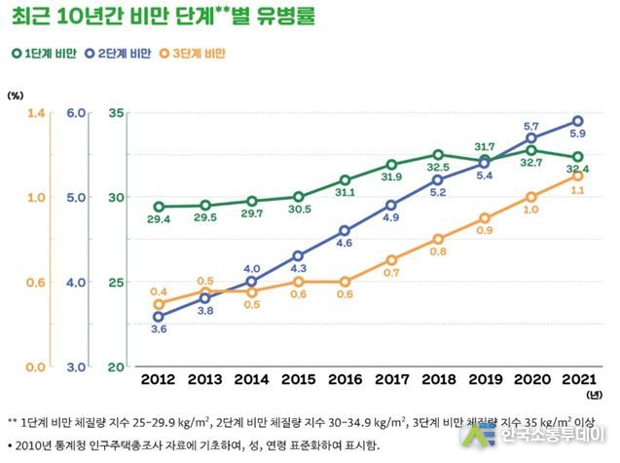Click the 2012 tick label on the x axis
(x=159, y=376)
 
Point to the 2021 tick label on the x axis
(x=577, y=376)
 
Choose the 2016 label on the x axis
(x=345, y=376)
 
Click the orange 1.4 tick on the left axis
(x=36, y=114)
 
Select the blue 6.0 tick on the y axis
(x=103, y=114)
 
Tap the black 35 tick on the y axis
(x=116, y=114)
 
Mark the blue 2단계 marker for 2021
(x=577, y=122)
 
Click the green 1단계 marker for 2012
(x=159, y=207)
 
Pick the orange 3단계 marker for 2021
(x=577, y=175)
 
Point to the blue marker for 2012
(x=159, y=317)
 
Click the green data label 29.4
(x=159, y=220)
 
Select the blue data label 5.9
(x=577, y=135)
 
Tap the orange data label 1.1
(x=577, y=190)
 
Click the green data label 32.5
(x=438, y=168)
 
